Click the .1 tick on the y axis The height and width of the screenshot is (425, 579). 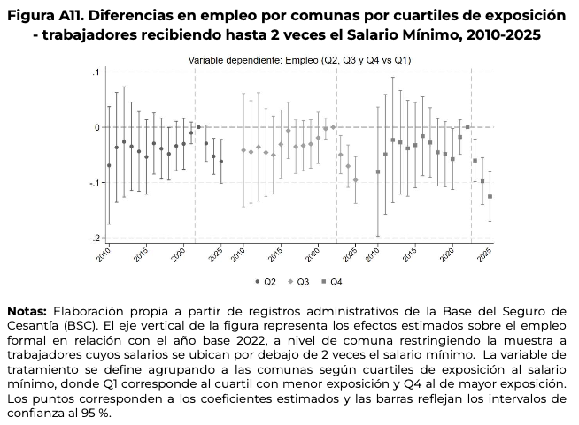click(82, 72)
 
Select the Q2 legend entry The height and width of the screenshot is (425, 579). click(266, 282)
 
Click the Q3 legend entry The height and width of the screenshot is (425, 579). click(297, 282)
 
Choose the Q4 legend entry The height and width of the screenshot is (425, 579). click(330, 282)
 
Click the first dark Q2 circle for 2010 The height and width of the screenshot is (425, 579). click(109, 165)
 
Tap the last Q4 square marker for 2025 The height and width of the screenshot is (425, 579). click(490, 196)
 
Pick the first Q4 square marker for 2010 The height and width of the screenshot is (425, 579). click(378, 171)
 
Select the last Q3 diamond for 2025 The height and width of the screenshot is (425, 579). click(356, 180)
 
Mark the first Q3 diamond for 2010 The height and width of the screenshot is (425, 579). click(243, 150)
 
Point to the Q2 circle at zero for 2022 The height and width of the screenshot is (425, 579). click(198, 127)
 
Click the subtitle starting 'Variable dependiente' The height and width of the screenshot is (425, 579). click(300, 59)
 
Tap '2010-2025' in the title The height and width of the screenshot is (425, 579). click(497, 34)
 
